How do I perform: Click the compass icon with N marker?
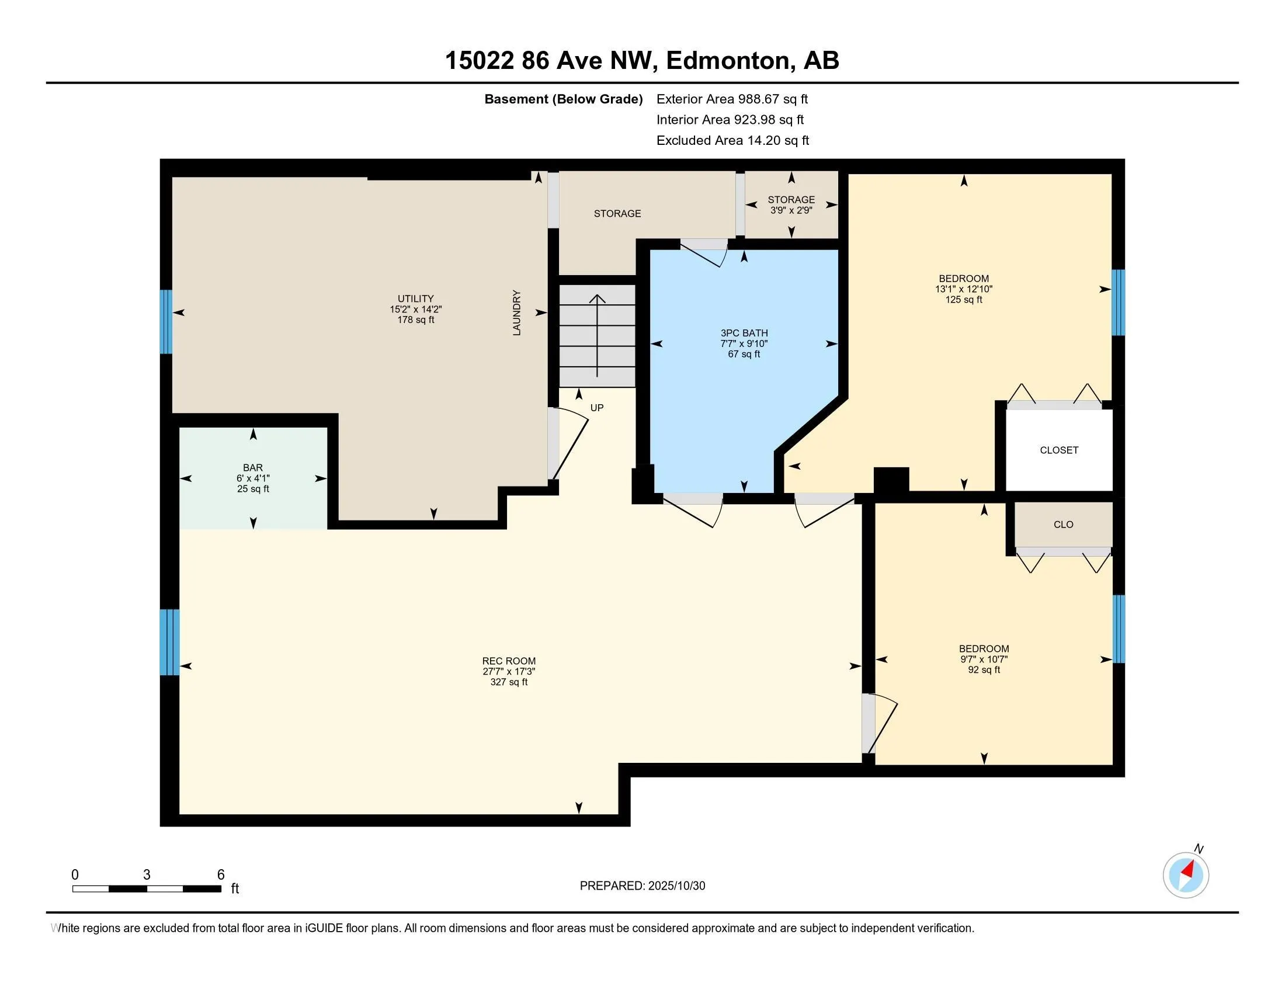click(1186, 875)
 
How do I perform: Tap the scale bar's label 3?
click(147, 875)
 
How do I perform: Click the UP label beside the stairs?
click(596, 408)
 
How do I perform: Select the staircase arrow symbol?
click(597, 335)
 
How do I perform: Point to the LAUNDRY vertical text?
click(516, 313)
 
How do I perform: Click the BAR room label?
click(253, 468)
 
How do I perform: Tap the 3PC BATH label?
click(744, 333)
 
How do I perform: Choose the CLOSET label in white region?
click(1059, 450)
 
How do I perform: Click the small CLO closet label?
click(1063, 524)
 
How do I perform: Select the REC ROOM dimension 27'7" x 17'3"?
click(509, 671)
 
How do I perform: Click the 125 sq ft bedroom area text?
click(964, 300)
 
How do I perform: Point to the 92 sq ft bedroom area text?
click(984, 669)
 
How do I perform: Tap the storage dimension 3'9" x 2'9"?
click(791, 210)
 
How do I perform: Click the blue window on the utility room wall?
click(166, 322)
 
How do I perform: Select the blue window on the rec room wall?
click(170, 643)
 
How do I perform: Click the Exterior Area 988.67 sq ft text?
click(732, 99)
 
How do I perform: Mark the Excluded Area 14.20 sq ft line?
click(732, 140)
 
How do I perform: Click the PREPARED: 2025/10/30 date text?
click(642, 886)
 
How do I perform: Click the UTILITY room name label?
click(415, 298)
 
